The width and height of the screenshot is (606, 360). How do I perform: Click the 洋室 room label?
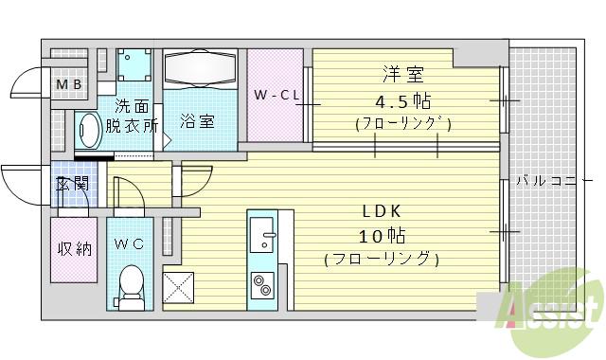pyautogui.click(x=402, y=75)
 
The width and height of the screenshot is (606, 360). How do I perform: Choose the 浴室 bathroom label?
pyautogui.click(x=197, y=121)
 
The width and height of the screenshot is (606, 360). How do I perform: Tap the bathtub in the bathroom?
pyautogui.click(x=200, y=69)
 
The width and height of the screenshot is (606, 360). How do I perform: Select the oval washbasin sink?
pyautogui.click(x=90, y=131)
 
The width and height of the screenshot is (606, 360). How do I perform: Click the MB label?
pyautogui.click(x=67, y=87)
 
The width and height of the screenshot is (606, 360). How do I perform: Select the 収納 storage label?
pyautogui.click(x=72, y=249)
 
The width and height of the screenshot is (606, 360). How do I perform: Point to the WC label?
pyautogui.click(x=129, y=243)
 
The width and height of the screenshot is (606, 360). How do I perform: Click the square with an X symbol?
pyautogui.click(x=178, y=286)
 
